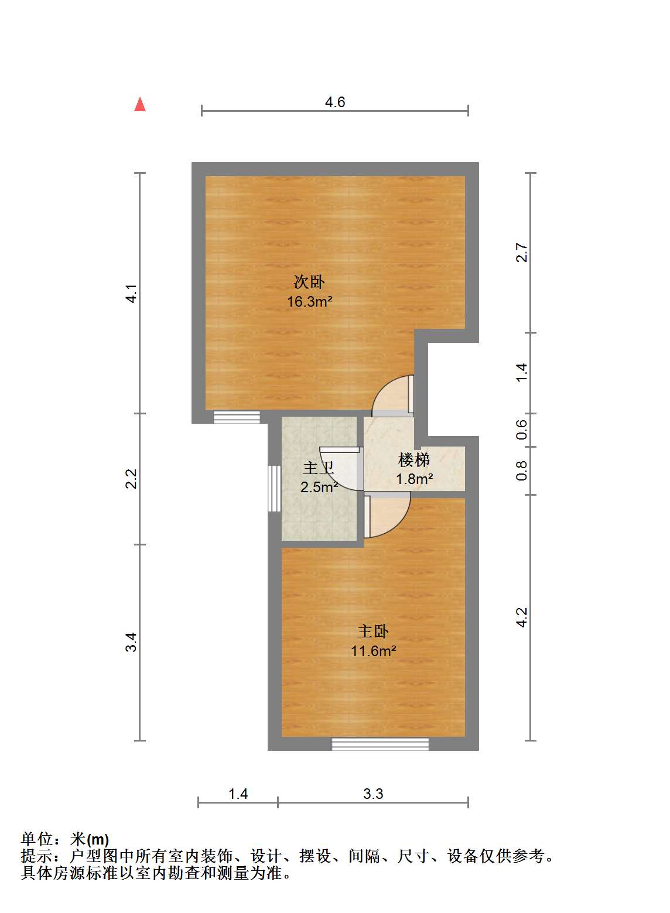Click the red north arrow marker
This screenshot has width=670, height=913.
tap(140, 104)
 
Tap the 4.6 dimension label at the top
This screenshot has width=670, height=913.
tap(335, 102)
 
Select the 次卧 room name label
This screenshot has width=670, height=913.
tap(309, 282)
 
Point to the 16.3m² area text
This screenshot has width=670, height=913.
tap(309, 301)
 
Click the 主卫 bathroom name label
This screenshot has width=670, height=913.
tap(319, 468)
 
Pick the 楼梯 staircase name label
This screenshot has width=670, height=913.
tap(414, 460)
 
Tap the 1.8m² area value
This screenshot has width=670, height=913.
tap(414, 479)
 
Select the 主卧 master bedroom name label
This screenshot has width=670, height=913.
tap(373, 631)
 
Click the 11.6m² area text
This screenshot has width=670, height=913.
tap(374, 651)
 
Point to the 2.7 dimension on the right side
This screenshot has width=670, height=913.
tap(522, 252)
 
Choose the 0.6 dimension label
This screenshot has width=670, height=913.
tap(522, 430)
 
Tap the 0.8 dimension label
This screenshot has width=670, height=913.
tap(522, 471)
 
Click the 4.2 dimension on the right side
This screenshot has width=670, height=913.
tap(522, 617)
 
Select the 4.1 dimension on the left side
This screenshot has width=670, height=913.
tap(131, 293)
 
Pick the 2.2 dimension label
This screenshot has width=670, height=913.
tap(131, 479)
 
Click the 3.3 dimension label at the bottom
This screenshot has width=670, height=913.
tap(373, 794)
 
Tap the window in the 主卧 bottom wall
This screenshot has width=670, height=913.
tap(380, 744)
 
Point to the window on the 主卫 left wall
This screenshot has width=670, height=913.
tap(275, 488)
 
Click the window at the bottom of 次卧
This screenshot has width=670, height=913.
tap(237, 417)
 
